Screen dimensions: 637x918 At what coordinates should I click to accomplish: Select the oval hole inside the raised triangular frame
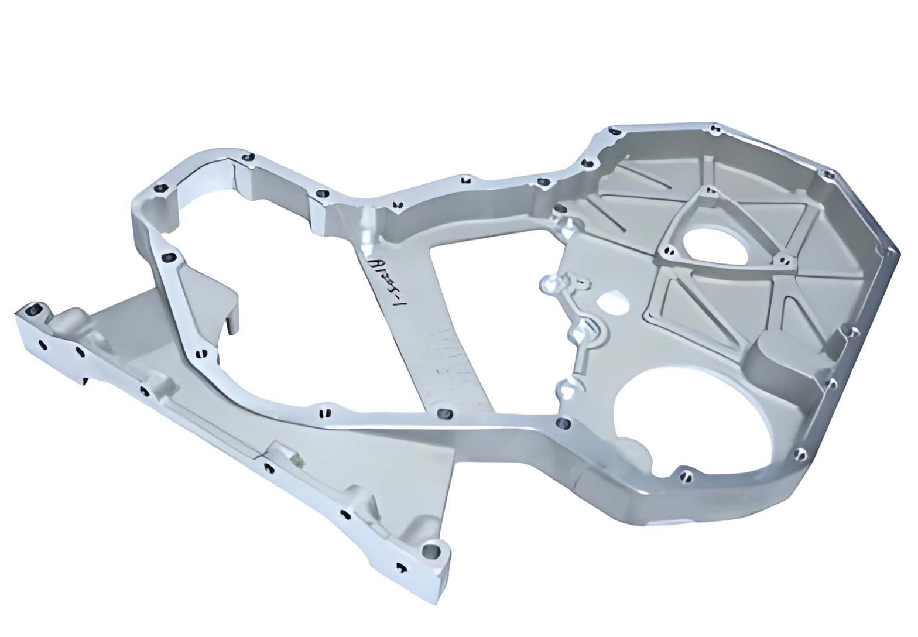714,245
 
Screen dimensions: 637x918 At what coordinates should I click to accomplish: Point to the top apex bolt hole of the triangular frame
708,190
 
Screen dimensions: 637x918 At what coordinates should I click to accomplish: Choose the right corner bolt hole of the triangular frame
782,260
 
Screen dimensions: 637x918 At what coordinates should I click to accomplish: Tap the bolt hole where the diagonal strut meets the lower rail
445,415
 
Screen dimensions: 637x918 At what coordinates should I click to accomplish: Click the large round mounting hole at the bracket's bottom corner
431,550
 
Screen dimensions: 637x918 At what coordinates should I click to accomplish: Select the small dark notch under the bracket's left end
85,382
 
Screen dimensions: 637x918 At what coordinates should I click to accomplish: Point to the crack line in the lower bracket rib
261,454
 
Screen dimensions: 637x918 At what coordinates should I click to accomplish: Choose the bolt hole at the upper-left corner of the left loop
159,189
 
